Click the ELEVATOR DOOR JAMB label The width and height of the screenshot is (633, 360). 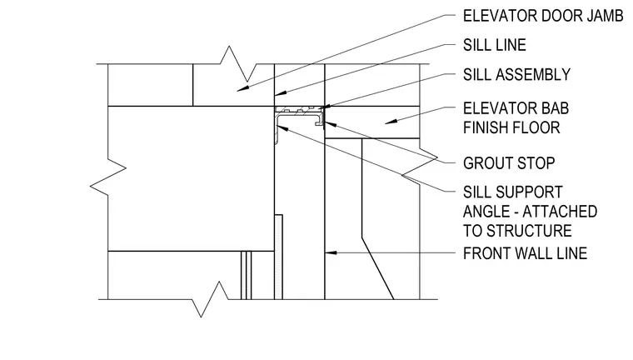point(543,16)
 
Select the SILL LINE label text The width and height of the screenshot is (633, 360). point(495,45)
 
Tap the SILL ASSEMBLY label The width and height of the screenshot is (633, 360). point(516,74)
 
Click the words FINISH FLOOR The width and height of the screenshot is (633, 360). point(511,127)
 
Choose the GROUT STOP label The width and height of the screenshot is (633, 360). point(509,163)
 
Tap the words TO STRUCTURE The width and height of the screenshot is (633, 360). point(517,231)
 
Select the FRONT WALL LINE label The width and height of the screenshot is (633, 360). point(525,253)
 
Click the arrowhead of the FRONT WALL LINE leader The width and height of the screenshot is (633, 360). point(330,253)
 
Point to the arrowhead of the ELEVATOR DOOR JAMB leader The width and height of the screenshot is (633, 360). point(242,88)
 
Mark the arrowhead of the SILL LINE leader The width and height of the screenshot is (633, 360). point(281,93)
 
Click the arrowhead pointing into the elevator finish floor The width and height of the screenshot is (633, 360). point(390,121)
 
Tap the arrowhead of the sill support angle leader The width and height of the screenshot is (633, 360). point(282,128)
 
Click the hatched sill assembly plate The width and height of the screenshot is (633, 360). point(299,109)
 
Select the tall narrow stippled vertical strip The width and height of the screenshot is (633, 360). point(278,257)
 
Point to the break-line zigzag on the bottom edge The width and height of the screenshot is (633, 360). point(211,299)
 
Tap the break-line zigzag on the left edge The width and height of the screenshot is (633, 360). point(107,177)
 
